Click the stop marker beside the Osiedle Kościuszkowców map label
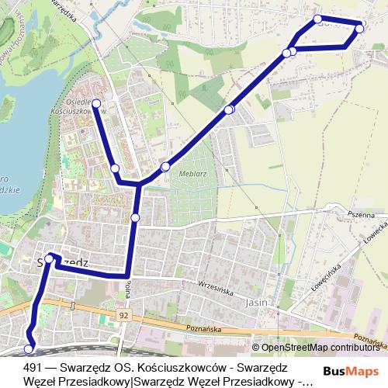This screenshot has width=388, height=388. (97, 102)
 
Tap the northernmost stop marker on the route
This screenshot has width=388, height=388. (317, 19)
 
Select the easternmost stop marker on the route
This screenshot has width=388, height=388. (359, 29)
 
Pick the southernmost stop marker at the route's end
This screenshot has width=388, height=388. (29, 349)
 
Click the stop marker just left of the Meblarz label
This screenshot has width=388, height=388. (165, 167)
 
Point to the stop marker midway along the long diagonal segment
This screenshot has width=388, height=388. (229, 110)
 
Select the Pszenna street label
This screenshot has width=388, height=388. (360, 215)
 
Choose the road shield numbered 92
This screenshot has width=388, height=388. (124, 316)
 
